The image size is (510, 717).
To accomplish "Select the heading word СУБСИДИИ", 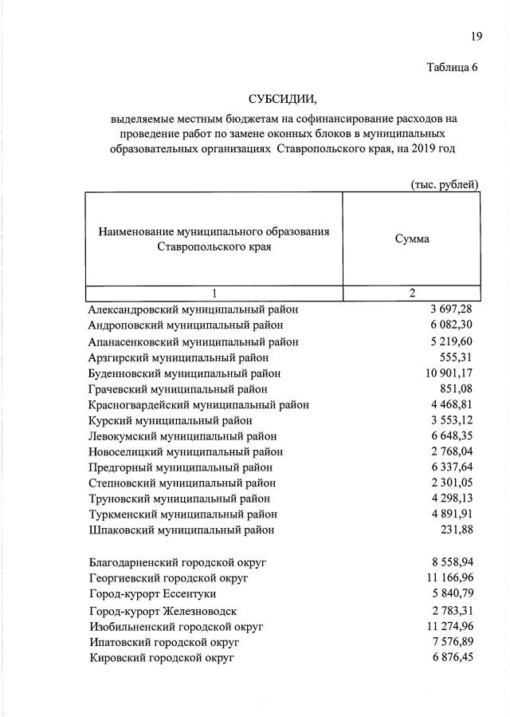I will coord(282,99).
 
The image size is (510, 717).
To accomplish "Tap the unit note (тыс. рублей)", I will coord(444,184).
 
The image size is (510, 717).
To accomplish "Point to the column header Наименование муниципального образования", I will coord(214,231).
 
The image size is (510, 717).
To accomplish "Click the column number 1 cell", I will coord(214,293).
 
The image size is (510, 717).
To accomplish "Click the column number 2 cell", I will coord(412,293).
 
